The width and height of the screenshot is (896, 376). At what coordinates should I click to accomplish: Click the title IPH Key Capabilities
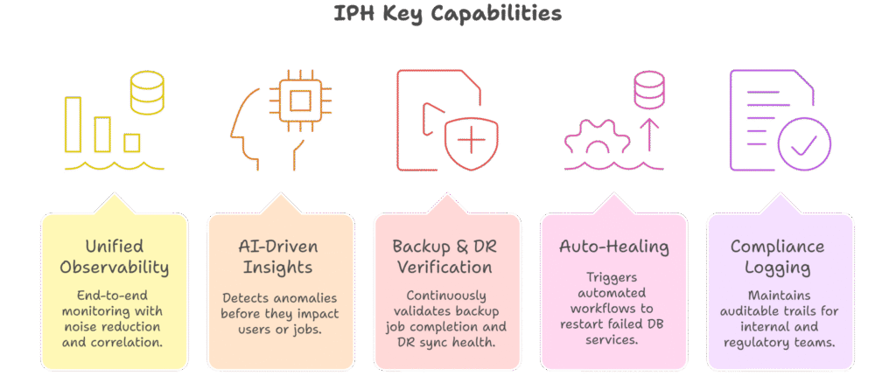(x=447, y=14)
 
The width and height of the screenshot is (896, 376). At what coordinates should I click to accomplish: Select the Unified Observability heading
(x=114, y=256)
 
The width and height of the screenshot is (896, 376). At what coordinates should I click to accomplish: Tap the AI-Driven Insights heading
(x=280, y=256)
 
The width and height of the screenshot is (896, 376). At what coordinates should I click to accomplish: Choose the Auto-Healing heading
(x=614, y=246)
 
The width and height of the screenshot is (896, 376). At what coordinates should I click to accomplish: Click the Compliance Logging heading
(x=780, y=256)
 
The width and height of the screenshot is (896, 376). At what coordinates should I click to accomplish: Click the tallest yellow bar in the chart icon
(x=73, y=124)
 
